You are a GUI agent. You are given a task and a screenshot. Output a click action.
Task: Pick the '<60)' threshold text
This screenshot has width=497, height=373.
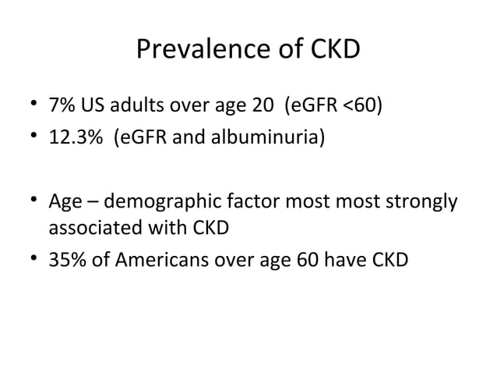361,105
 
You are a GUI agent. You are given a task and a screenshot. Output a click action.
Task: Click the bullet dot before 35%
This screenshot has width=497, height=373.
30,259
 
